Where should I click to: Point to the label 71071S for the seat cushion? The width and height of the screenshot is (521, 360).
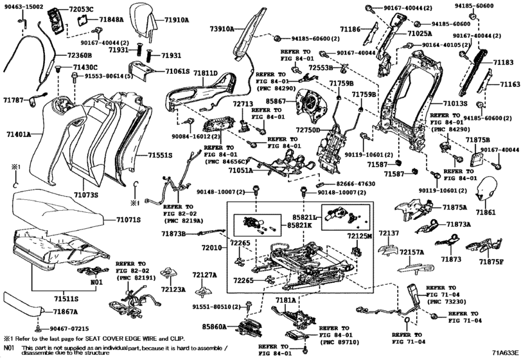click(x=128, y=220)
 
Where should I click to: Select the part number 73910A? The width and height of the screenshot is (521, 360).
click(x=222, y=30)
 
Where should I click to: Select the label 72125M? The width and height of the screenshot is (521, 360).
click(x=360, y=237)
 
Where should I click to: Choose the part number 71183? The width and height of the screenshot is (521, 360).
click(x=504, y=64)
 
